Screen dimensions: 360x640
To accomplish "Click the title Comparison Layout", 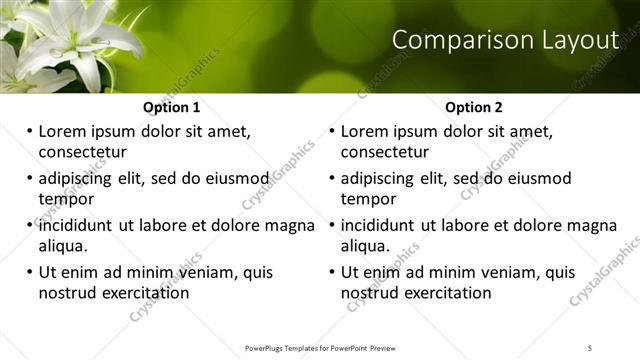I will pyautogui.click(x=505, y=41).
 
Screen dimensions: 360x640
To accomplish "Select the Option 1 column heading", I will pyautogui.click(x=171, y=107).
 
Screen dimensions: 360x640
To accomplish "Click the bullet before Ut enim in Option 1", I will pyautogui.click(x=29, y=272).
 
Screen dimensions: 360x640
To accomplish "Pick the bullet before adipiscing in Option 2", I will pyautogui.click(x=332, y=178).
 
